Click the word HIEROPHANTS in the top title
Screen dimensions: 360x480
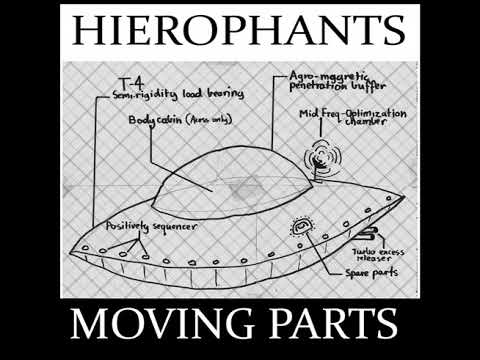(x=240, y=32)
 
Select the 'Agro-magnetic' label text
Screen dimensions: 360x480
(x=322, y=77)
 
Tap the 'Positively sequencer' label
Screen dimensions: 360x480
(x=140, y=227)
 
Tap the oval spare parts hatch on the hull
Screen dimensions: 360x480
(x=300, y=229)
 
